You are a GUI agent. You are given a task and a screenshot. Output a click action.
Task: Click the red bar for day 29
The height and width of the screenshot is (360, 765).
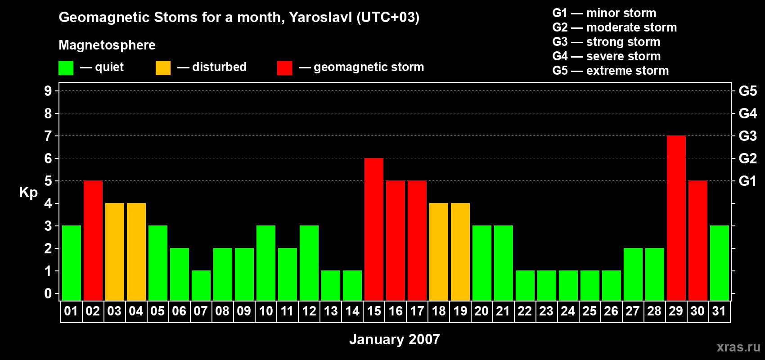tap(676, 218)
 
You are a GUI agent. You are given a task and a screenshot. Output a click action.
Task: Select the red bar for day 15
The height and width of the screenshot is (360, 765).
tap(374, 229)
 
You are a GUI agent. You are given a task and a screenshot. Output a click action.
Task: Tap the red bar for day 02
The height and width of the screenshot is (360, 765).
tap(93, 240)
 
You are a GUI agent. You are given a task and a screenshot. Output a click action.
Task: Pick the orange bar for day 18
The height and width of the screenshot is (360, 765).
tap(439, 252)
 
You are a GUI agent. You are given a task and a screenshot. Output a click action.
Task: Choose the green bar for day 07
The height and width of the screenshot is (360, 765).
tap(201, 286)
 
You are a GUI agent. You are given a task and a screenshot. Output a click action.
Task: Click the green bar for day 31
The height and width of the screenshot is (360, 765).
tap(720, 263)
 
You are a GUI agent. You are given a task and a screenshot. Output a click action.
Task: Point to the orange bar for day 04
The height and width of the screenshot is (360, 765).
tap(136, 252)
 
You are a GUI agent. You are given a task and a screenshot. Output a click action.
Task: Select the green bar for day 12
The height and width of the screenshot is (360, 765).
tap(309, 263)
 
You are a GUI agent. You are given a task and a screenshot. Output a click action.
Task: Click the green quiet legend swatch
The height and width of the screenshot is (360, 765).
tap(66, 67)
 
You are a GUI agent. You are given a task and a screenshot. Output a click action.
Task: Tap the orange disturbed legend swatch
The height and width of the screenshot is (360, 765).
tap(163, 67)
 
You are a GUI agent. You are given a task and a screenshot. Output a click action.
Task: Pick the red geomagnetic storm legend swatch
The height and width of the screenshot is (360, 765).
tap(284, 67)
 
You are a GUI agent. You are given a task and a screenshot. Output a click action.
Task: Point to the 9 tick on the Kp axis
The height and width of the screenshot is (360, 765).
tap(48, 91)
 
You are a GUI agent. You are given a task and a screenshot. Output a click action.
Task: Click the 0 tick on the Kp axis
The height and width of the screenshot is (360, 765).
tap(48, 293)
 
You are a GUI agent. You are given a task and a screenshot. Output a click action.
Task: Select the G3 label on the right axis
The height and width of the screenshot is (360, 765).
tap(747, 136)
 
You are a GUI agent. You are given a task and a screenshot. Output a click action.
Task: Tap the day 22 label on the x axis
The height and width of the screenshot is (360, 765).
tap(525, 311)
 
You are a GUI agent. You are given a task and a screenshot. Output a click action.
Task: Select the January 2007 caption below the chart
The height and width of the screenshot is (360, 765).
tap(395, 339)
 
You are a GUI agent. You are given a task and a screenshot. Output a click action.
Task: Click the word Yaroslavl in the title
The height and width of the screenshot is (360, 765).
tap(320, 17)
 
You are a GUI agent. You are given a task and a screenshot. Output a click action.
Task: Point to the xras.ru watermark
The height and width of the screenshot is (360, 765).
tap(738, 347)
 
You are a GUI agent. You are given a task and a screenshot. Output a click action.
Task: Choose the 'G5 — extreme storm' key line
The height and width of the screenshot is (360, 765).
tap(610, 71)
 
